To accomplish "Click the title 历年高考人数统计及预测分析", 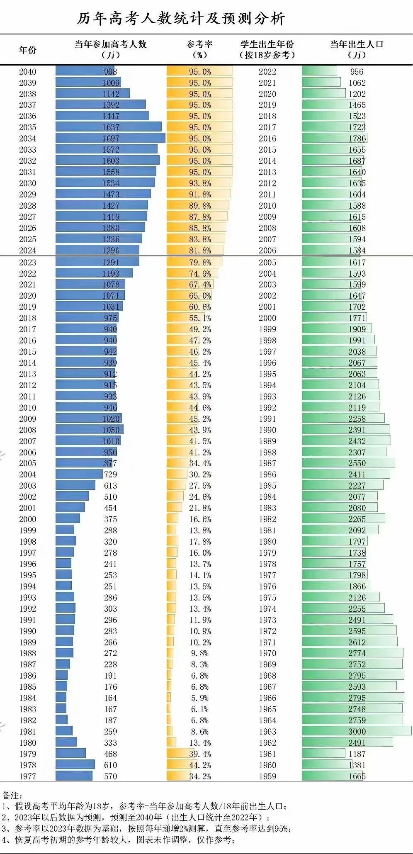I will [181, 19].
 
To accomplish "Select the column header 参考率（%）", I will [199, 49].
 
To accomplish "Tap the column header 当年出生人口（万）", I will [357, 49].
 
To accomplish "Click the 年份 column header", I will [28, 50].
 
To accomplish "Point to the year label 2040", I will [27, 72].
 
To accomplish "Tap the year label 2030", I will [27, 183].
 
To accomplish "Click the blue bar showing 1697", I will [110, 139].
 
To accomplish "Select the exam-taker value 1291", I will [111, 263].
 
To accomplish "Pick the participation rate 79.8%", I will [200, 263].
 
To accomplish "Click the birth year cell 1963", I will [267, 732].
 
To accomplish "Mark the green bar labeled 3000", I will [357, 732].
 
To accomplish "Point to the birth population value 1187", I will [357, 754].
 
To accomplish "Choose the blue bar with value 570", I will [74, 776].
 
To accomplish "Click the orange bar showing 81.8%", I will [195, 251].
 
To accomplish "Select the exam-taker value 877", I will [111, 463].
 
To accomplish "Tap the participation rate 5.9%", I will [200, 698].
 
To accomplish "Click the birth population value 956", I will [357, 72].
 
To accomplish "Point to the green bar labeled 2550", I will [348, 463].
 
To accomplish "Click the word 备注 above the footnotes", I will [12, 796].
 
